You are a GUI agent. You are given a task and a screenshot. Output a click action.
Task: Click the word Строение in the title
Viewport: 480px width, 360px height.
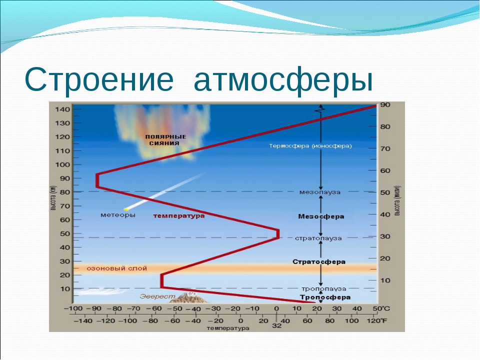click(x=99, y=80)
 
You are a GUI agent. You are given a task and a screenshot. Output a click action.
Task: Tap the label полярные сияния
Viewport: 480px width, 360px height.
click(x=165, y=140)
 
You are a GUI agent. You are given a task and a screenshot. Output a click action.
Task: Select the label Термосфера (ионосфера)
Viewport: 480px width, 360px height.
click(x=310, y=146)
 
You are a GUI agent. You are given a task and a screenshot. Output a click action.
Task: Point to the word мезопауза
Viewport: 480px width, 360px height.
click(x=320, y=192)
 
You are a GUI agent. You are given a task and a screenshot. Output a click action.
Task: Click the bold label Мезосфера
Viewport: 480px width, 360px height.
click(x=321, y=216)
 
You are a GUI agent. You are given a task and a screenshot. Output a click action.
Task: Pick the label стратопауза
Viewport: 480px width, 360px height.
click(x=318, y=238)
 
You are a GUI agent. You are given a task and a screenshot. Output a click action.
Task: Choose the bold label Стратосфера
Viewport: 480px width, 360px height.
click(x=319, y=261)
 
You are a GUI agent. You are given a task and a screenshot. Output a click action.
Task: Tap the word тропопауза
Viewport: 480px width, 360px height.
click(x=324, y=288)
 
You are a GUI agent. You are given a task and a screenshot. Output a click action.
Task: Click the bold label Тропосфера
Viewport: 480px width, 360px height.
click(x=325, y=297)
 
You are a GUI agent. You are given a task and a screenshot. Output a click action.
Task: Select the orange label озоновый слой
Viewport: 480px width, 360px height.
click(x=117, y=268)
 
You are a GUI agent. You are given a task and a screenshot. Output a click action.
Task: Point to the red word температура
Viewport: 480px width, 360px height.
click(x=179, y=216)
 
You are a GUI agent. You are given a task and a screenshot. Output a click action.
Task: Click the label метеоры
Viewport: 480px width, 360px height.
click(x=118, y=215)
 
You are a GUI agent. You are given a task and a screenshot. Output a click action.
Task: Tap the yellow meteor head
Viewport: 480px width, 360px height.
click(x=126, y=209)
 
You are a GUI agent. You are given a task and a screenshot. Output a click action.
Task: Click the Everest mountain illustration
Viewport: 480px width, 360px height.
click(x=190, y=297)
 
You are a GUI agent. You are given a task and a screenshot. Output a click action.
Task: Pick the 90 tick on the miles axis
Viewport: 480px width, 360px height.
click(x=385, y=104)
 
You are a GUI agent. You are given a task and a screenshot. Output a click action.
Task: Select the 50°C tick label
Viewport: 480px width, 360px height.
click(x=381, y=308)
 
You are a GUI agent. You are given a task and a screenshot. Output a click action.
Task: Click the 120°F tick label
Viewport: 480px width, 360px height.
click(x=377, y=321)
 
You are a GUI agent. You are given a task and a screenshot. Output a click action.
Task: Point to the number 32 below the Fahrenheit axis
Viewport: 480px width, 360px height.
click(x=276, y=325)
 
